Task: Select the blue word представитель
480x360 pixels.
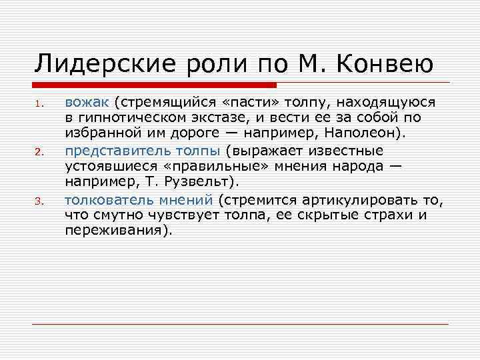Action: coord(115,151)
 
